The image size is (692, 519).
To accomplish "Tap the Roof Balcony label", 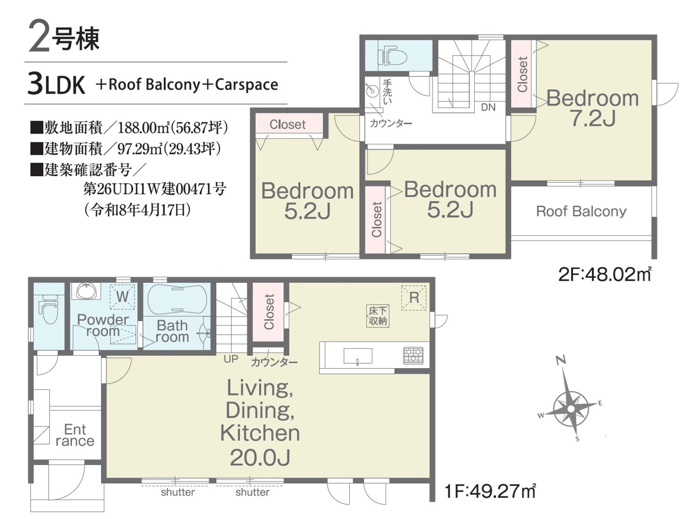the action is [x=581, y=211].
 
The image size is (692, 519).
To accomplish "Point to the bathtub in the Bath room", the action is [x=177, y=300].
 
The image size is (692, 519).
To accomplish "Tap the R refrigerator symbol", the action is [x=414, y=297].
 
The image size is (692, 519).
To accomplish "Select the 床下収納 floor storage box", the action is [x=378, y=316].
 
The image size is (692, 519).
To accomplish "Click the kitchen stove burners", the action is [x=414, y=355].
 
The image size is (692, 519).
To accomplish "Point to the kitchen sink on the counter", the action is [x=357, y=356].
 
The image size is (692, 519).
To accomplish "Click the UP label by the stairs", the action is [x=231, y=359].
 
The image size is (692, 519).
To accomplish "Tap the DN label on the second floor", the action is [x=488, y=108].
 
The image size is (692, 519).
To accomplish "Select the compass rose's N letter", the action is [x=561, y=360].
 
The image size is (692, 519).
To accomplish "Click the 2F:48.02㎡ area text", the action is [x=604, y=275].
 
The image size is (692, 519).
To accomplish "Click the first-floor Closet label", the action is [x=269, y=312].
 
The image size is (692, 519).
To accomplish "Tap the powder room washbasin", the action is [x=86, y=291].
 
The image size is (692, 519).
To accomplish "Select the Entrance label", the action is [x=75, y=436].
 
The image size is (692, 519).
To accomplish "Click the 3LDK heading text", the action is [x=56, y=84].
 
